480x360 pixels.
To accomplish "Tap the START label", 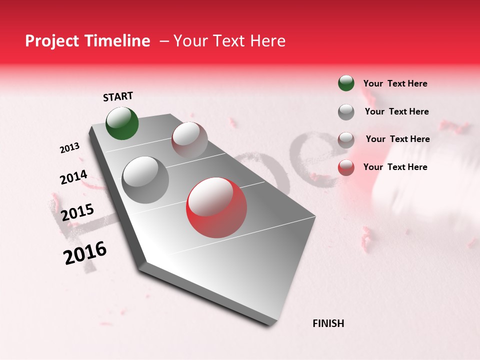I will click(118, 96).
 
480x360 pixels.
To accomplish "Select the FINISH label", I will click(328, 323).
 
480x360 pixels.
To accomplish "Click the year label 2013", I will click(70, 147).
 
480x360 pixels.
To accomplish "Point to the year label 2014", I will click(74, 177).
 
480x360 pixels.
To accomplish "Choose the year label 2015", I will click(77, 212).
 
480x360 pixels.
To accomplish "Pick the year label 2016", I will click(85, 253).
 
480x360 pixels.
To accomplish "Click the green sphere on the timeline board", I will click(122, 123).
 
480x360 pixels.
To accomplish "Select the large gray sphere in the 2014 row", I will click(145, 180).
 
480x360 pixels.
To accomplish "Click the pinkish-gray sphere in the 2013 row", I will click(189, 139).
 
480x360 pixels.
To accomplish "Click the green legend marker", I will click(346, 83).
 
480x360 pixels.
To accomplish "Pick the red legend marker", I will click(346, 167).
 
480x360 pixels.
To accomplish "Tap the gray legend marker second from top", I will click(346, 112).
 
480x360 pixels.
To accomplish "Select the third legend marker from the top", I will click(346, 139).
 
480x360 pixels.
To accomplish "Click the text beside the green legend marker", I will click(395, 83).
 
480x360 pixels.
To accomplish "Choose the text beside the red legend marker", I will click(395, 167).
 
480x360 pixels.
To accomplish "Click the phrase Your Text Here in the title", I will click(229, 41).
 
